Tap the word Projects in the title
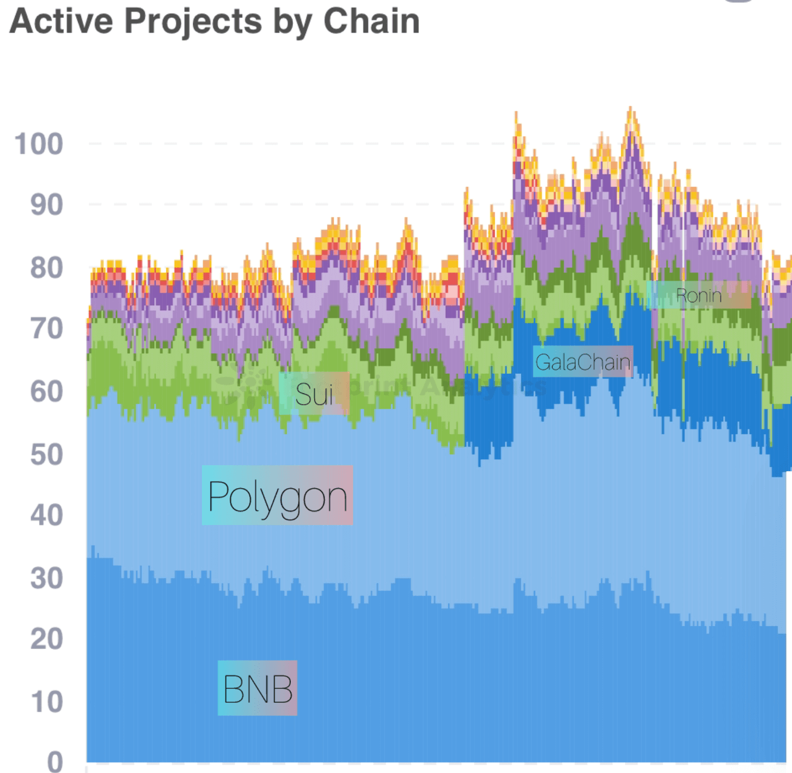[193, 22]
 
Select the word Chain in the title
[371, 21]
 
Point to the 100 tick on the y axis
[39, 145]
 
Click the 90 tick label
[47, 206]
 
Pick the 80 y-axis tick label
[47, 268]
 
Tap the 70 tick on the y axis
[47, 329]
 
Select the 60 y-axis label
[47, 392]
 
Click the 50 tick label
[47, 455]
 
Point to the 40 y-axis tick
[47, 516]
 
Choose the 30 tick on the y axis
[47, 579]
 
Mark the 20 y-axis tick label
[47, 639]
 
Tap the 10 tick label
[47, 702]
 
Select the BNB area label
[258, 688]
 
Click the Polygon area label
[278, 496]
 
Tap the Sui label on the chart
[314, 394]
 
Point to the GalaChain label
[583, 362]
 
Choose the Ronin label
[699, 295]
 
